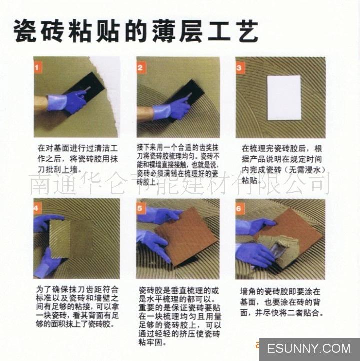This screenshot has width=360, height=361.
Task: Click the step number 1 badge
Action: point(39,66)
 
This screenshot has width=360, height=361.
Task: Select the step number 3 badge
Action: point(240,66)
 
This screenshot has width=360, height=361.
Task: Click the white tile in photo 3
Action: point(284,97)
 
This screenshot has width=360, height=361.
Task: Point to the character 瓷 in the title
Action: point(28,31)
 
